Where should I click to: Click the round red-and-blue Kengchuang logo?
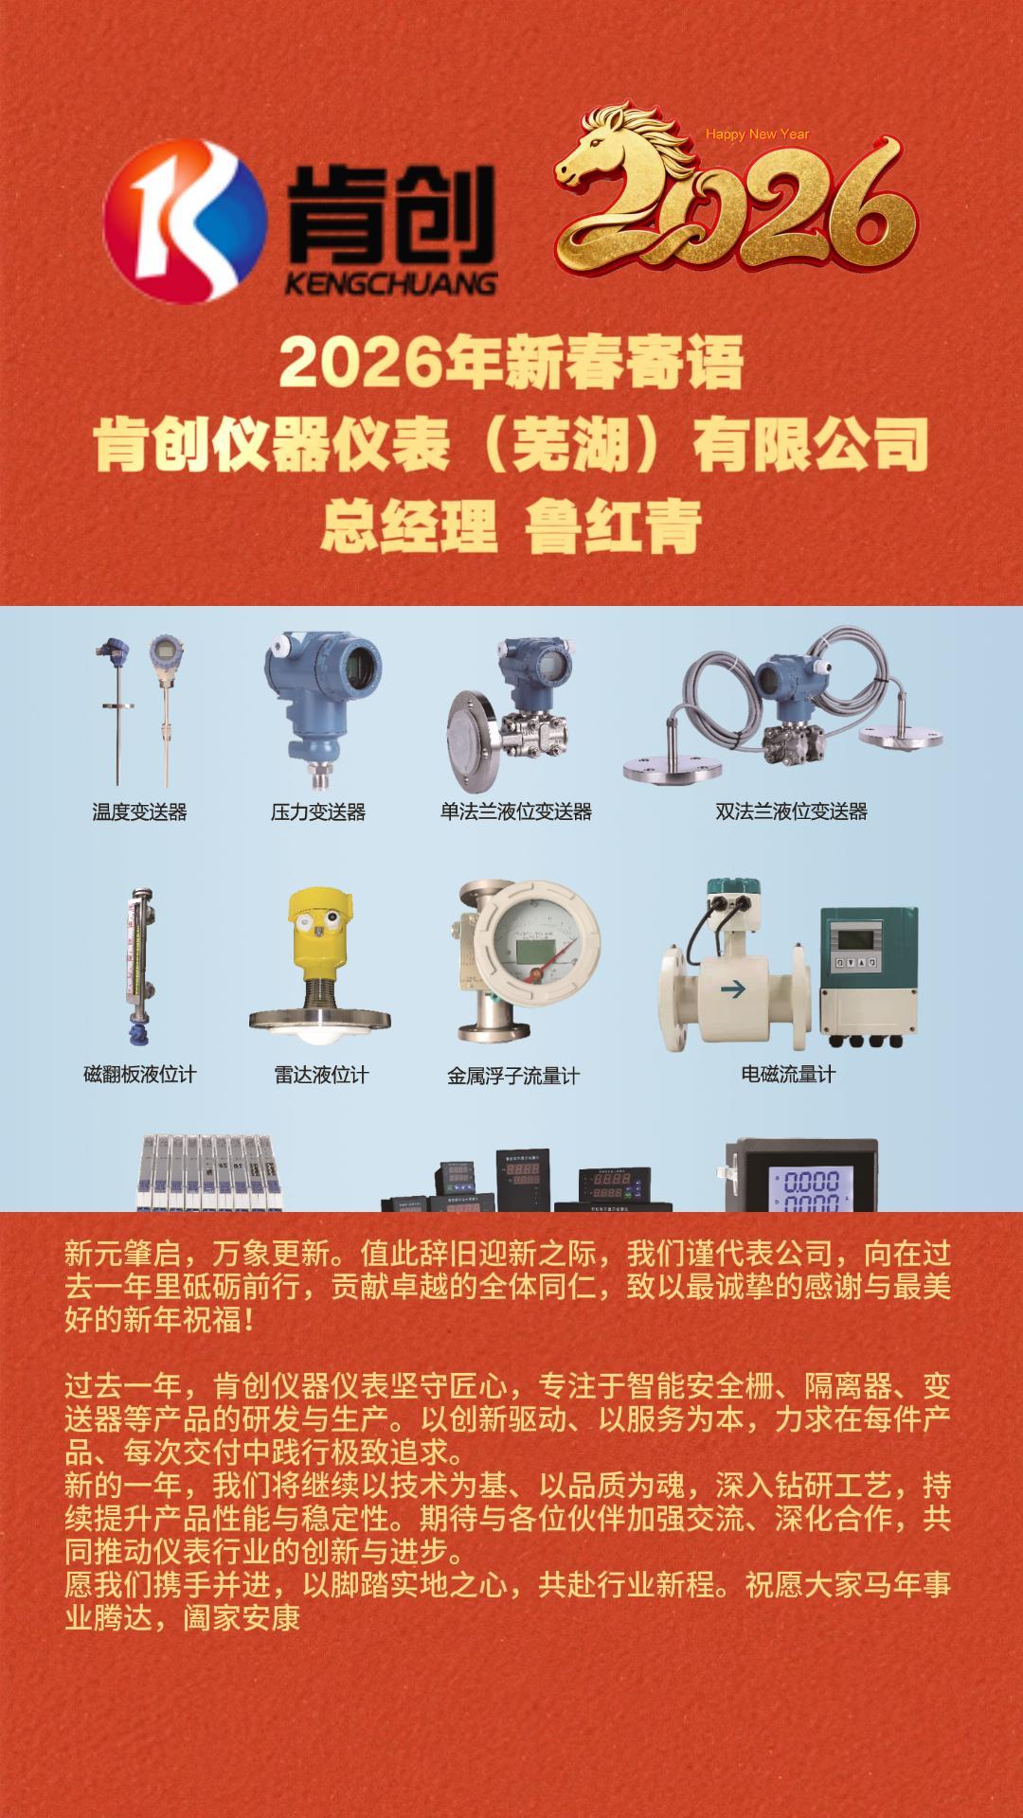pos(185,221)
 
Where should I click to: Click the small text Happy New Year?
pos(758,134)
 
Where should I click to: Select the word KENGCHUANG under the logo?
pos(390,282)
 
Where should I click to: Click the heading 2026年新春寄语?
pos(511,363)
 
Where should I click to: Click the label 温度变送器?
pos(139,811)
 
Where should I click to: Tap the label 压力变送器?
pos(318,811)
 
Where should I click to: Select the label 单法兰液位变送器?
pos(516,811)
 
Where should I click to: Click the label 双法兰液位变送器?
pos(792,811)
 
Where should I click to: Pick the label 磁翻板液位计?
pos(140,1075)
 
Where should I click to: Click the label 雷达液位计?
pos(321,1075)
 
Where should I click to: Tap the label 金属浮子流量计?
pos(513,1076)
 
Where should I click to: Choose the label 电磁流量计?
pos(788,1075)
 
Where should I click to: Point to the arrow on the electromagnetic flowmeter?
pos(733,990)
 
